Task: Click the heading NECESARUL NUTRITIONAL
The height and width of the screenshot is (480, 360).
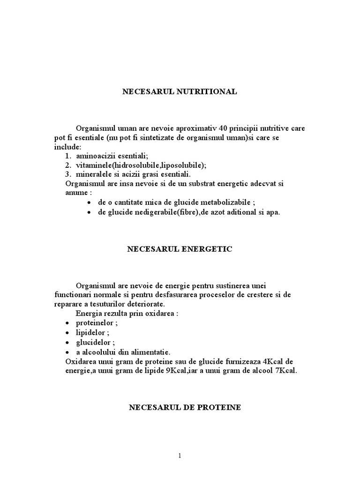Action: (180, 92)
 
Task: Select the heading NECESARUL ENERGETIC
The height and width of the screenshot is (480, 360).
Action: (180, 249)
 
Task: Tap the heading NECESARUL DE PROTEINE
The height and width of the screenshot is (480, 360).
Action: (185, 407)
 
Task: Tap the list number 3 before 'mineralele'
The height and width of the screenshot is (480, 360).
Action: (67, 174)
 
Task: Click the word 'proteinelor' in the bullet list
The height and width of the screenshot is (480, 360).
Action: (91, 323)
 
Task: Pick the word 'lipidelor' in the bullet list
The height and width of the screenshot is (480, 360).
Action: (88, 333)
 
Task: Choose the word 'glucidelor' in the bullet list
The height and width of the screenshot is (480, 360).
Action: (90, 342)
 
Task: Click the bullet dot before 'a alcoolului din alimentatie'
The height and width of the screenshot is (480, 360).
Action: (67, 352)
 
